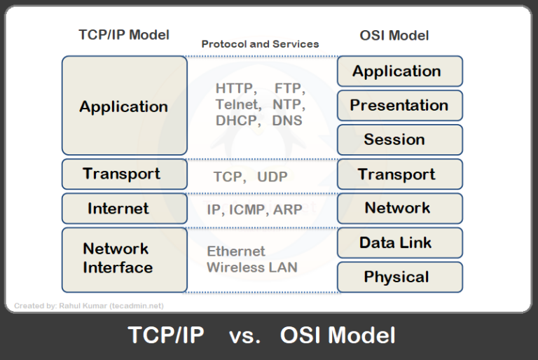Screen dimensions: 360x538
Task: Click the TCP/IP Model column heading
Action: point(124,34)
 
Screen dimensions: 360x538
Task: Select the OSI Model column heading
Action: point(394,35)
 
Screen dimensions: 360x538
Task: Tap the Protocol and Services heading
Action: point(260,44)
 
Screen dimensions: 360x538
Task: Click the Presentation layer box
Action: point(399,106)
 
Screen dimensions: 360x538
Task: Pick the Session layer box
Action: point(399,139)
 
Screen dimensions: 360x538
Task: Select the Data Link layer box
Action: point(399,242)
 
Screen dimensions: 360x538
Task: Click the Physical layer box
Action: point(399,277)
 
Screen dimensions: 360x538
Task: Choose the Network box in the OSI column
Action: point(399,208)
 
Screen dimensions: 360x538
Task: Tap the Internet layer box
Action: point(124,208)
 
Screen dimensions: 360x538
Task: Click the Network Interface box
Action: point(124,259)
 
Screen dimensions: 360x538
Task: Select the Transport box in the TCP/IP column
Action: point(124,174)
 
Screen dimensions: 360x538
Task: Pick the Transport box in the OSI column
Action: point(399,174)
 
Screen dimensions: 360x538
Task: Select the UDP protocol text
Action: point(272,177)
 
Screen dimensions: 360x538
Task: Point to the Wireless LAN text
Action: point(251,267)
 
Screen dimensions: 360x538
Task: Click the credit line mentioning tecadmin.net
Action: point(89,305)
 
